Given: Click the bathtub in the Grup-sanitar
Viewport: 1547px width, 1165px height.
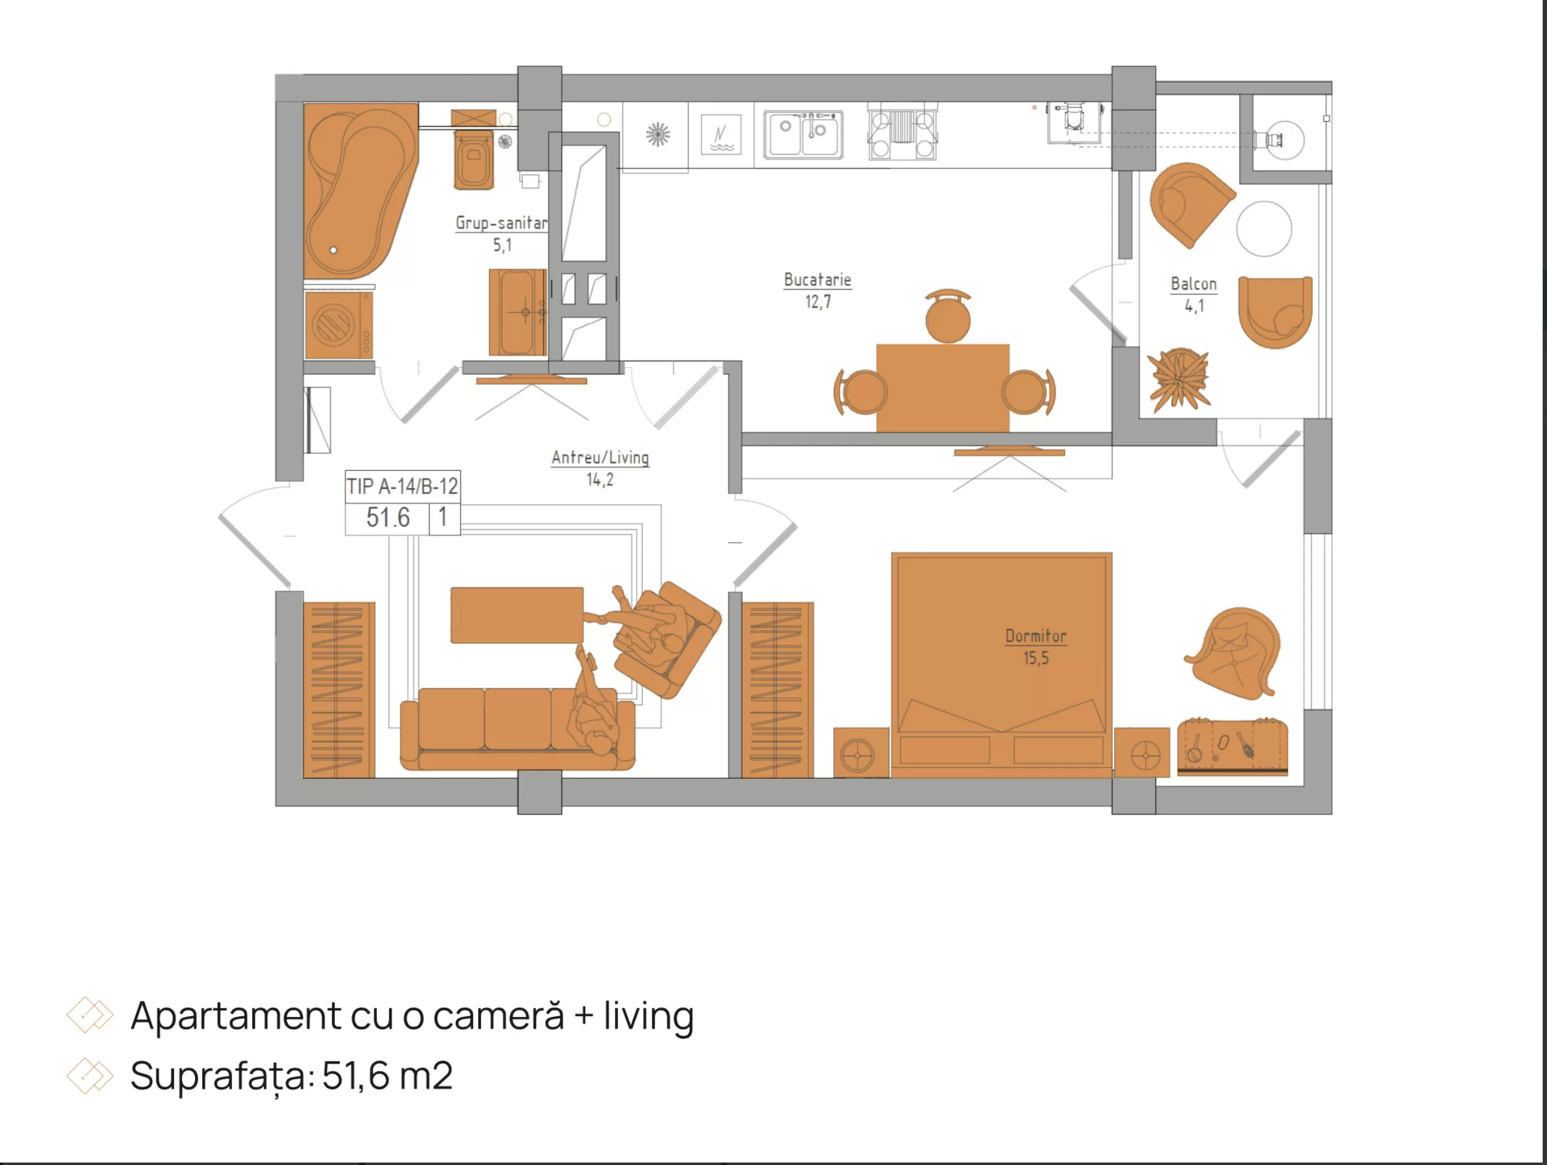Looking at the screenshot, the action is (x=360, y=190).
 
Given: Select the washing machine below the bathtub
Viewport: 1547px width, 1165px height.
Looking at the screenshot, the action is (x=339, y=325).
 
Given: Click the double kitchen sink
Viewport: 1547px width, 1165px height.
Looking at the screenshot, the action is (x=803, y=135).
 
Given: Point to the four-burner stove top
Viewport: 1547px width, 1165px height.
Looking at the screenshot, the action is (x=902, y=135).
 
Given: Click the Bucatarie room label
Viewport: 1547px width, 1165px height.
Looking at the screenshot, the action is (x=817, y=280).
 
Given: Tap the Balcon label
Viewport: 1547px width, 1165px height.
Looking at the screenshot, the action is (x=1194, y=284).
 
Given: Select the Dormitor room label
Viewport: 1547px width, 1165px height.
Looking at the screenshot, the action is (x=1036, y=636).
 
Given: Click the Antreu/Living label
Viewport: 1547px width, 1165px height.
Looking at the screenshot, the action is (x=600, y=458).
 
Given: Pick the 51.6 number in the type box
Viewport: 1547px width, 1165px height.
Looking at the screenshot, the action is (x=388, y=518).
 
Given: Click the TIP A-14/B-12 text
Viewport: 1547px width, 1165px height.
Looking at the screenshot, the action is (x=403, y=486).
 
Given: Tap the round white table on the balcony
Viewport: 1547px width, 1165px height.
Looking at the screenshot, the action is (x=1264, y=229).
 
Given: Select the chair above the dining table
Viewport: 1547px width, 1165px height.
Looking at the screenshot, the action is (x=947, y=317).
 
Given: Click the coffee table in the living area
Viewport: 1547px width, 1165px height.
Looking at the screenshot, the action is (x=517, y=615).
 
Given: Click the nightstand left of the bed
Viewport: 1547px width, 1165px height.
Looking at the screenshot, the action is (x=861, y=753).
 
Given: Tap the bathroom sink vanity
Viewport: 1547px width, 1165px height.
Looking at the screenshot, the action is (x=518, y=312).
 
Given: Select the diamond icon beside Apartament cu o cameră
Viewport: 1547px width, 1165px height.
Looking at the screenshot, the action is (x=89, y=1014).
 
